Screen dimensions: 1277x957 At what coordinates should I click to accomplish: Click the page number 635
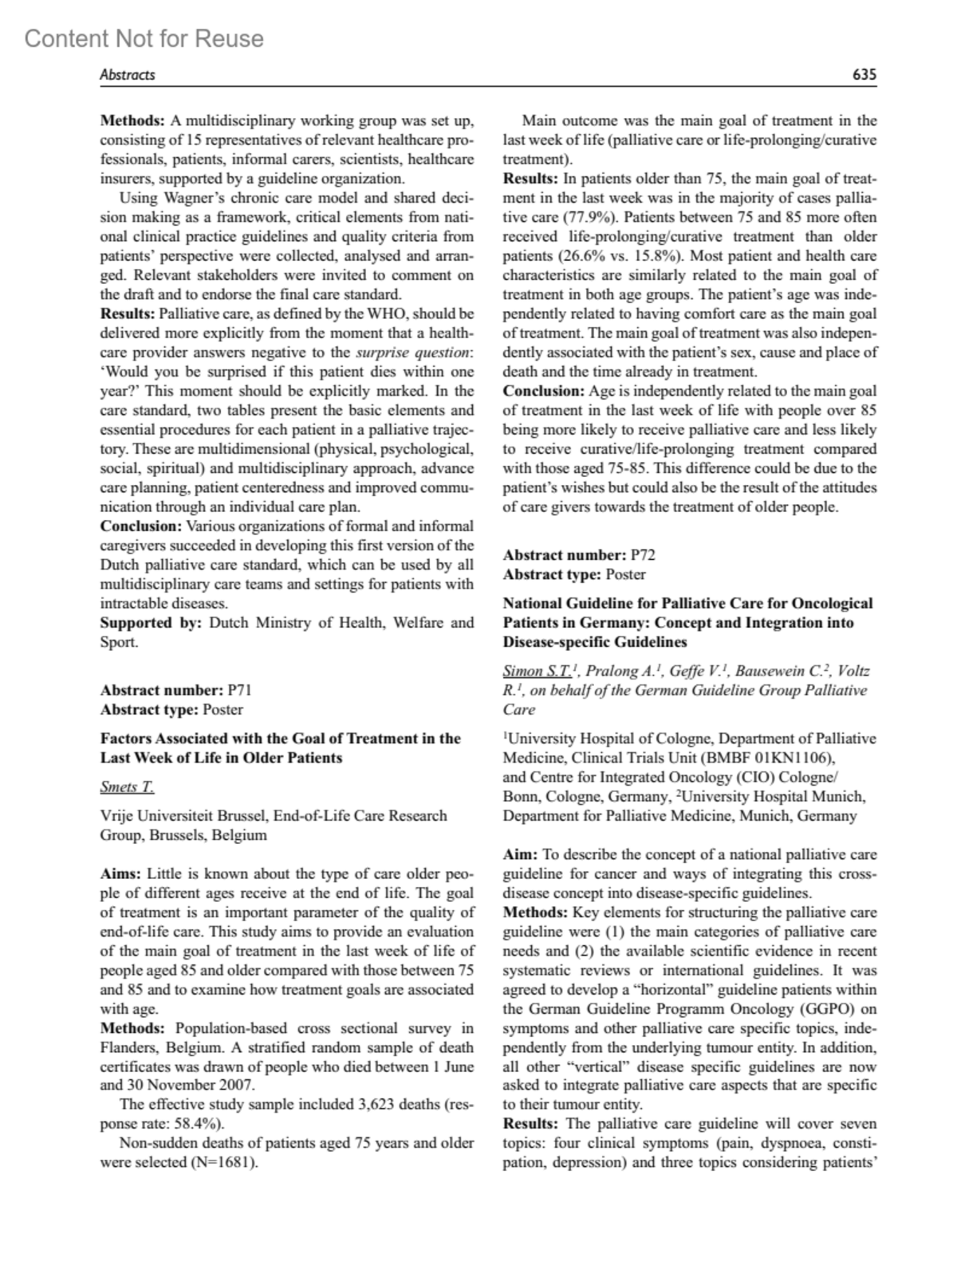click(864, 75)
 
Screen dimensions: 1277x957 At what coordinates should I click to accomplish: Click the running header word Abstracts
click(128, 75)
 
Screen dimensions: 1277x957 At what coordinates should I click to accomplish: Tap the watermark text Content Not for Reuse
click(144, 38)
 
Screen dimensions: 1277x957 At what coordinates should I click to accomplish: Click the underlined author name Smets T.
click(127, 787)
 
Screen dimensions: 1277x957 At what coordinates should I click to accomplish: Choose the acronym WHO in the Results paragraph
click(384, 313)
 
